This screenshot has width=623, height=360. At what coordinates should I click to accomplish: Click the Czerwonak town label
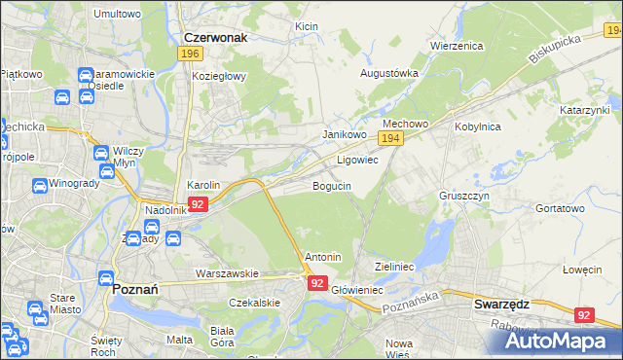(x=215, y=37)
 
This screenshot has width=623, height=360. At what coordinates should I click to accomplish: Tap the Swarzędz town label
(x=501, y=304)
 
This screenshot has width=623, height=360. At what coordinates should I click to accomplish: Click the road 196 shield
(x=191, y=55)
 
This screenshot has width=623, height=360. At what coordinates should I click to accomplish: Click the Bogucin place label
(x=332, y=186)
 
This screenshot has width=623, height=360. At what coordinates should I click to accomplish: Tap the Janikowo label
(x=344, y=134)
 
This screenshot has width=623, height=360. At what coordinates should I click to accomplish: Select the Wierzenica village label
(x=457, y=46)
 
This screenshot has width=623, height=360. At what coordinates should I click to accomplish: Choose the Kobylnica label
(x=477, y=126)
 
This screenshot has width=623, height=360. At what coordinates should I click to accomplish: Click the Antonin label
(x=323, y=257)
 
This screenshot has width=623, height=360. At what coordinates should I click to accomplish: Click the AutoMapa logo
(x=554, y=341)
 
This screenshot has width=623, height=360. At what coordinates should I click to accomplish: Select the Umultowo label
(x=117, y=15)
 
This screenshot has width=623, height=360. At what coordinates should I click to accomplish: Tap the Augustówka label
(x=389, y=72)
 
